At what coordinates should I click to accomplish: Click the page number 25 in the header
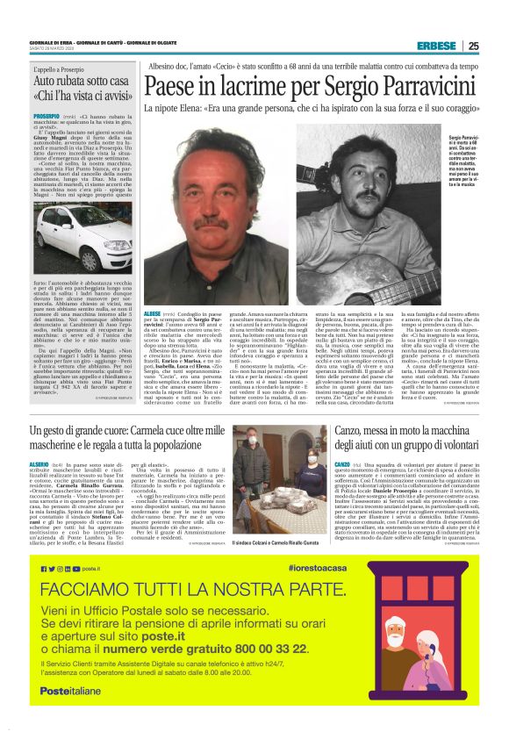tap(473, 47)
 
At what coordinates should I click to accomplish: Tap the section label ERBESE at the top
tap(436, 47)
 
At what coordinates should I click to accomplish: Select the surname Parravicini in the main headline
tap(405, 86)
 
